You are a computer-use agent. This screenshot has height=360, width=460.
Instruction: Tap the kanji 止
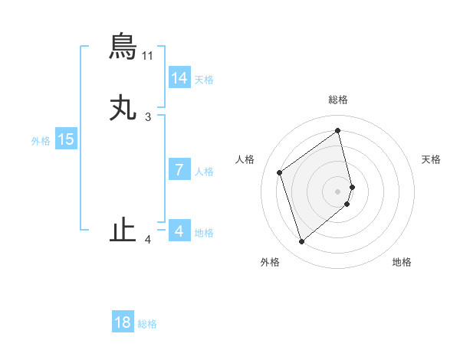coord(123,231)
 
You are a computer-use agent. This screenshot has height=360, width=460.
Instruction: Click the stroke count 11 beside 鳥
coord(148,56)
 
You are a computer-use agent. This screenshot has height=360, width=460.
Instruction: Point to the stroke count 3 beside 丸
coord(148,117)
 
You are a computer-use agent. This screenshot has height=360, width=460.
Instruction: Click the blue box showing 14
coord(179,78)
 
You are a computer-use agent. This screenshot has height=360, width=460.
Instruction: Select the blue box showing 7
coord(179,170)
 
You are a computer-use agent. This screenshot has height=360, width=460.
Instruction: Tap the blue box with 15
coord(66,139)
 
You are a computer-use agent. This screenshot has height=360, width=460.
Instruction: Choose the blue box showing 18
coord(123,322)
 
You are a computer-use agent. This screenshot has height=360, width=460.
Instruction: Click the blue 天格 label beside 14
coord(204,80)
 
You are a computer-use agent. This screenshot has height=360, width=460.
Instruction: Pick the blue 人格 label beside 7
coord(204,172)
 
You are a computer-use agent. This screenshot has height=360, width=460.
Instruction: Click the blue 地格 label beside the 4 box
coord(204,233)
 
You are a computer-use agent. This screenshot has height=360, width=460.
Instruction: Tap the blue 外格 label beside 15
coord(41,141)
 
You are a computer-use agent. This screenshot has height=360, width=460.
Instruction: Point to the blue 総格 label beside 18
coord(147,324)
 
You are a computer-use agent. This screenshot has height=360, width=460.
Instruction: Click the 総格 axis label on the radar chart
coord(338,100)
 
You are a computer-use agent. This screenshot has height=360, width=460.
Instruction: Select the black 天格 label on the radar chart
coord(432,159)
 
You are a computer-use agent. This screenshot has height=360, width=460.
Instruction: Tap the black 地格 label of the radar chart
coord(402,262)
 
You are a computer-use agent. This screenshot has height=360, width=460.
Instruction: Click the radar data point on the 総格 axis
coord(338,131)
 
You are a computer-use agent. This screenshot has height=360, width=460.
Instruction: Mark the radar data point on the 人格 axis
coord(280,172)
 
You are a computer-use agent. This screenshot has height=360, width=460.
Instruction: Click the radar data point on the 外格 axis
coord(301,242)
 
